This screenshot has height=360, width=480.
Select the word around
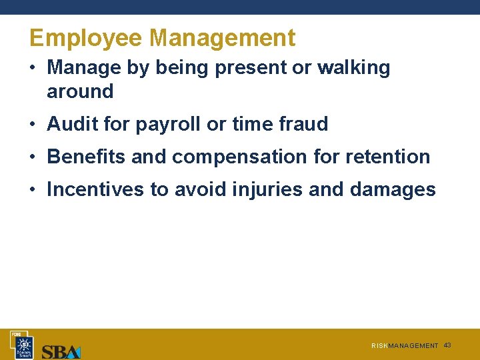point(80,91)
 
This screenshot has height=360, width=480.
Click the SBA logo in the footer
point(61,351)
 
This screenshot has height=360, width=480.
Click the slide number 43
point(447,345)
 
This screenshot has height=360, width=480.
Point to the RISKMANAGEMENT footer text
point(405,346)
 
